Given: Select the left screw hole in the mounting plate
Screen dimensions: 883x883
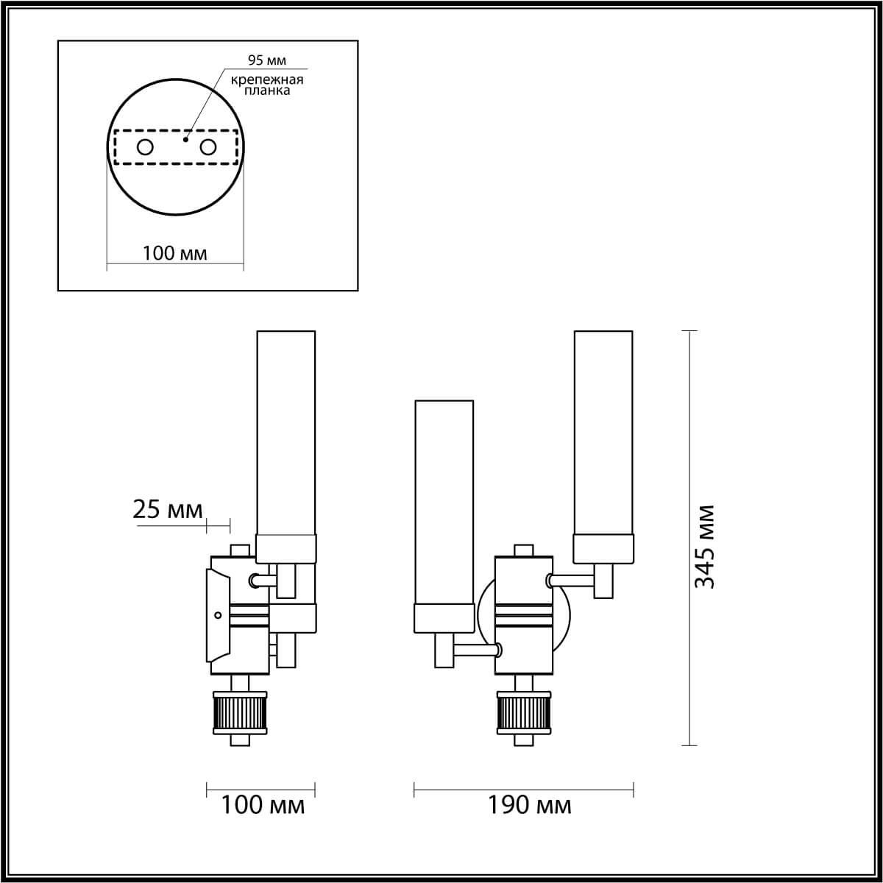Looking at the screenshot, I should (145, 147).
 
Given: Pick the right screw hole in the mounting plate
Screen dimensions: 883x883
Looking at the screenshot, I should (208, 147).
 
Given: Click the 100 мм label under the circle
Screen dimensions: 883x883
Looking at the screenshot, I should (174, 253).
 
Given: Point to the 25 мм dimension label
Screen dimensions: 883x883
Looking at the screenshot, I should (167, 509).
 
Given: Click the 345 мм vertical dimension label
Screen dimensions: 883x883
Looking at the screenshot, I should (705, 547).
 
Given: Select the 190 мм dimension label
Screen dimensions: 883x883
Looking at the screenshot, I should (529, 805).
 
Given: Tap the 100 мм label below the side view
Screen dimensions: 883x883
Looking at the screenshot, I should (263, 805).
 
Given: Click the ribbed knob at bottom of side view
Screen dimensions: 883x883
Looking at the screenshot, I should (240, 712).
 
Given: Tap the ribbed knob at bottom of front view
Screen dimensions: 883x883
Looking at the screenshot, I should (524, 712).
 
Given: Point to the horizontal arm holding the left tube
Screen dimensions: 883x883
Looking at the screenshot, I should (475, 650).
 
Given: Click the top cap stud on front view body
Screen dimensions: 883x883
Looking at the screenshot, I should (523, 550).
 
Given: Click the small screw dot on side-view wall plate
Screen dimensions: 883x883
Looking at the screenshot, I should (216, 614).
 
